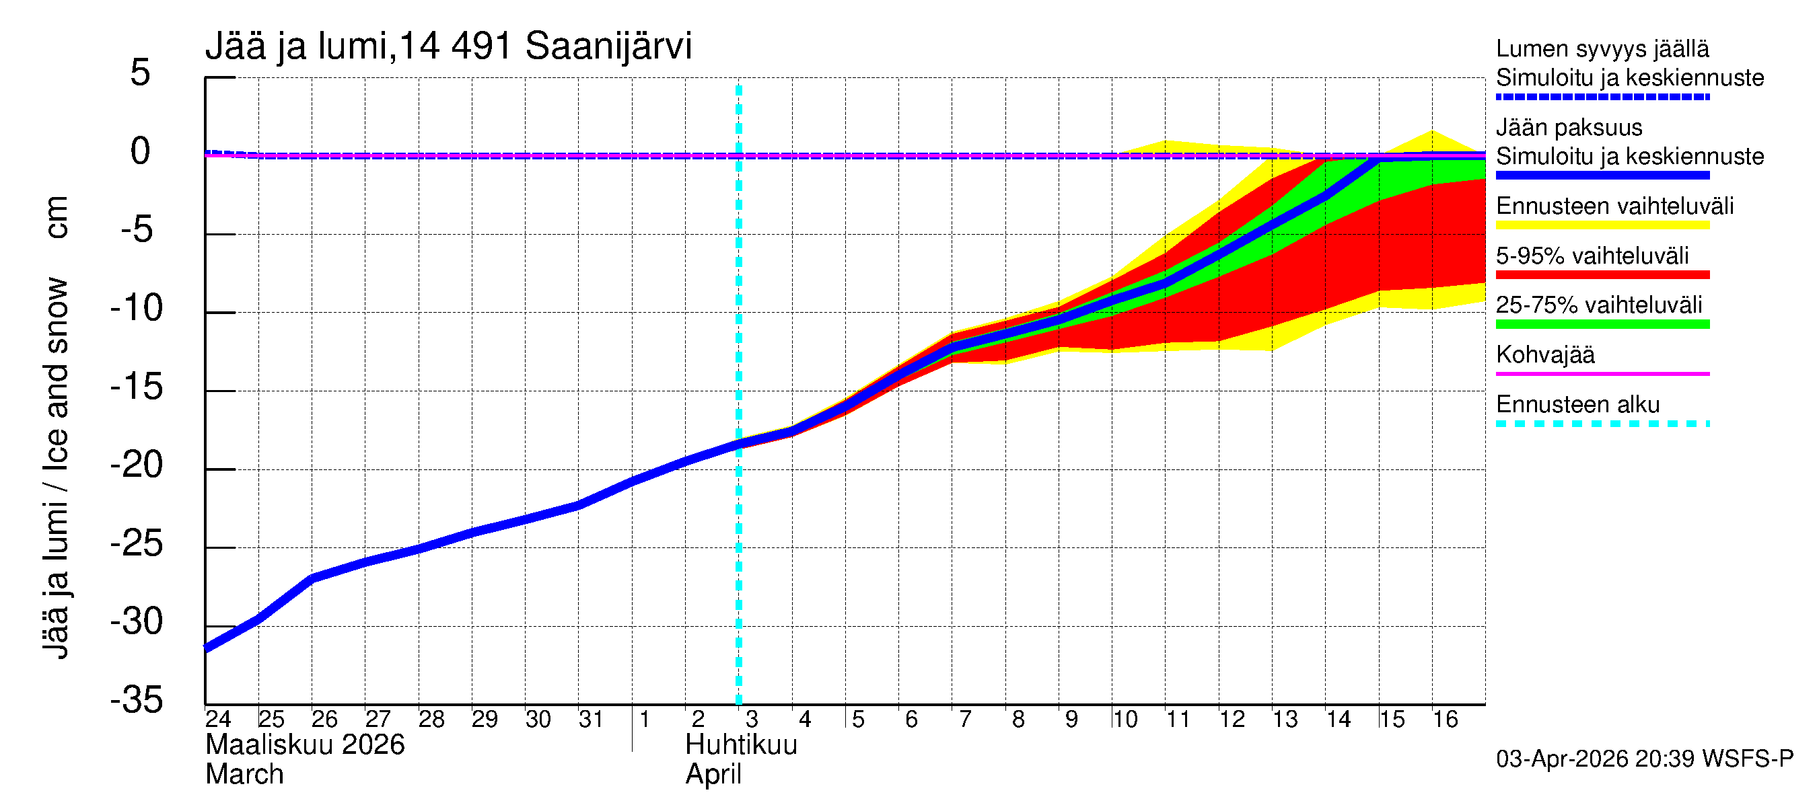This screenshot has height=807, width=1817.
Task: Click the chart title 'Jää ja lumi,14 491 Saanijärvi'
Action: pyautogui.click(x=448, y=46)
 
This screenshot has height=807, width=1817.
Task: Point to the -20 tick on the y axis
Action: pyautogui.click(x=137, y=465)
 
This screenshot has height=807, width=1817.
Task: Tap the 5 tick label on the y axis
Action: pyautogui.click(x=140, y=73)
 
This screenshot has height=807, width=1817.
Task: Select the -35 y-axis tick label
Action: pyautogui.click(x=137, y=701)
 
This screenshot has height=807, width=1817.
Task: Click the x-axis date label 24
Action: pyautogui.click(x=218, y=720)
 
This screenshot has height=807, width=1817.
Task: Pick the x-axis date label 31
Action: pyautogui.click(x=591, y=720)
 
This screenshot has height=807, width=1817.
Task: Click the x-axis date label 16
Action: pyautogui.click(x=1445, y=720)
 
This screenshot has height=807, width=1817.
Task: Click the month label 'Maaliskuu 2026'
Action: pyautogui.click(x=305, y=745)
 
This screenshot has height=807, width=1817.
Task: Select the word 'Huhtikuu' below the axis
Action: pyautogui.click(x=741, y=745)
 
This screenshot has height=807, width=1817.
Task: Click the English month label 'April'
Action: pyautogui.click(x=713, y=775)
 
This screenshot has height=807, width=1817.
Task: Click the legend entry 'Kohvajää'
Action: pyautogui.click(x=1544, y=354)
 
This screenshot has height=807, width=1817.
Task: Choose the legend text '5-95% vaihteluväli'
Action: pyautogui.click(x=1592, y=256)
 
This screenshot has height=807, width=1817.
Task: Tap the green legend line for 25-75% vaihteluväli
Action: pyautogui.click(x=1602, y=325)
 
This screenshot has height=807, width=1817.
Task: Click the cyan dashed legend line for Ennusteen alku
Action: pyautogui.click(x=1602, y=424)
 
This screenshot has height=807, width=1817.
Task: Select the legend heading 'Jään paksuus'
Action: pyautogui.click(x=1569, y=128)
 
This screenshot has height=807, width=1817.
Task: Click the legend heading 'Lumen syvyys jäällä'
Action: pyautogui.click(x=1602, y=48)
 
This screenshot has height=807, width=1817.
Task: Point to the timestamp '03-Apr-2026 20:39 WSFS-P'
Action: pyautogui.click(x=1644, y=759)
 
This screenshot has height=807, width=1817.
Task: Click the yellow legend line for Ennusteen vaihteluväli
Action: pyautogui.click(x=1602, y=225)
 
